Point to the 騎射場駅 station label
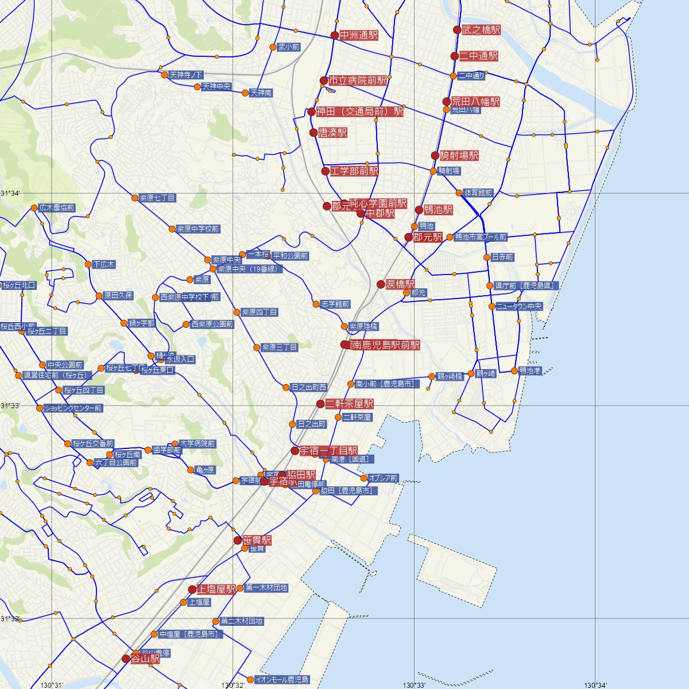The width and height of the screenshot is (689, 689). [x=459, y=156]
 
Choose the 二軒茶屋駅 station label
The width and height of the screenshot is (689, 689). [x=350, y=404]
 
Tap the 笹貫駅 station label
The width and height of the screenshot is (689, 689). [x=257, y=540]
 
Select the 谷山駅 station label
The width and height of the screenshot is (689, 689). [x=146, y=659]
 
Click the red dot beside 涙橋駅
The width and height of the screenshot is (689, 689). [x=381, y=284]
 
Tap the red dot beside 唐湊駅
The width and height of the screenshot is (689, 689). [x=313, y=133]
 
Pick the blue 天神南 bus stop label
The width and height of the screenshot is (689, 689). [x=261, y=93]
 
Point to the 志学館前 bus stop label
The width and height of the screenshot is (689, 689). [x=335, y=304]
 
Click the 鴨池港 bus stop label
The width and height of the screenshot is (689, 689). [x=529, y=370]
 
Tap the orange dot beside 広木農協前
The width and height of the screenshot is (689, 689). [x=34, y=208]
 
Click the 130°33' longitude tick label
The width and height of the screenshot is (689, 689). [x=414, y=684]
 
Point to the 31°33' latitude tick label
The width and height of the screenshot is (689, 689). [x=10, y=405]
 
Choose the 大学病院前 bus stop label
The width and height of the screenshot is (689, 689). [x=198, y=444]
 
